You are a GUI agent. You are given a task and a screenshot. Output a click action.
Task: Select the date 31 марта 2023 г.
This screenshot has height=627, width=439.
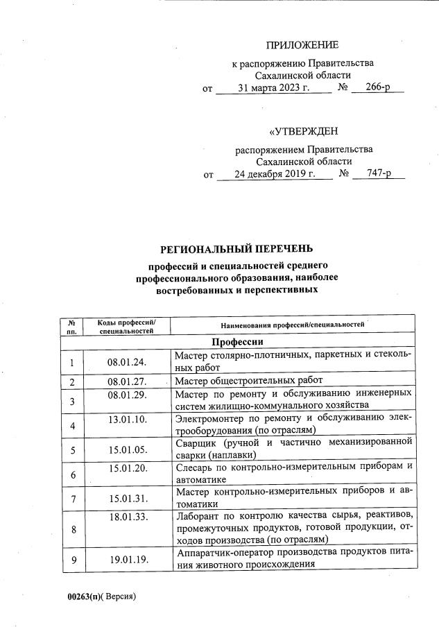(273, 89)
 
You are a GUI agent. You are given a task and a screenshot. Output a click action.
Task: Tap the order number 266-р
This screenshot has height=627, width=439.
(378, 89)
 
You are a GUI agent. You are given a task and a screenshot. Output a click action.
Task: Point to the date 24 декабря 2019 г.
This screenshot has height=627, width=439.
(275, 174)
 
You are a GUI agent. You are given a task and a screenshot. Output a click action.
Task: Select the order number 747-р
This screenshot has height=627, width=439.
(379, 174)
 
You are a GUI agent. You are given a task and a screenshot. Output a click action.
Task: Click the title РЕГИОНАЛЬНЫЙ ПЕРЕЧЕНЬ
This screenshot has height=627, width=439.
(236, 248)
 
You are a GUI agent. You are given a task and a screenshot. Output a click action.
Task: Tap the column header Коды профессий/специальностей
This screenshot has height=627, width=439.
(126, 327)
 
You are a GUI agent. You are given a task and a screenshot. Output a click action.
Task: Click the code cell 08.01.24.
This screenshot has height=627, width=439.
(128, 362)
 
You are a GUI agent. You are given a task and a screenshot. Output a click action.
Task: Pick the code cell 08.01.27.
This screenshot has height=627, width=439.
(128, 381)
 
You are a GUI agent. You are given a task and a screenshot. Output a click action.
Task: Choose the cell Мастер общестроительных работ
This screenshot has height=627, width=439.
(248, 381)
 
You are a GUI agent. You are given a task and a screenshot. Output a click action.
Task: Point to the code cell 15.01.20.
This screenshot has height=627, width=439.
(128, 467)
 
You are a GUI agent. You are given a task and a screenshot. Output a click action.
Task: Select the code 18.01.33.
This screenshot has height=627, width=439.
(128, 517)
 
